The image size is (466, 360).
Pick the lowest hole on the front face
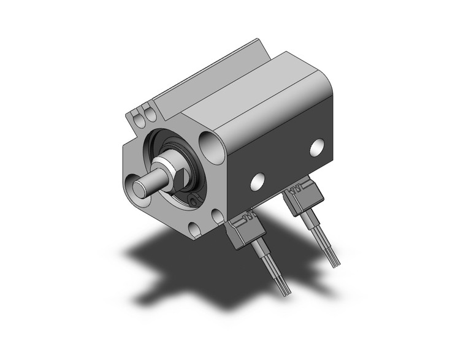194,230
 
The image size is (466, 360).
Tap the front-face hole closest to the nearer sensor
217,216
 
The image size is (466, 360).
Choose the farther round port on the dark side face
317,147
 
